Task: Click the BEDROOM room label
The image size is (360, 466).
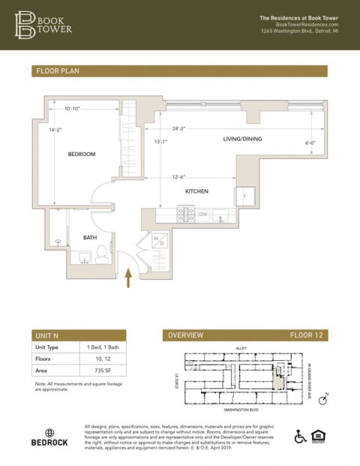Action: [82, 154]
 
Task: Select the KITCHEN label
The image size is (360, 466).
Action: [196, 192]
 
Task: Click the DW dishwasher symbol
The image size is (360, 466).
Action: [202, 215]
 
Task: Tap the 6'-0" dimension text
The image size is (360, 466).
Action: [311, 143]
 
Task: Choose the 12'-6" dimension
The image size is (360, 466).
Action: [178, 177]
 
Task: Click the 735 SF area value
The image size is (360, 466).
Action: [94, 371]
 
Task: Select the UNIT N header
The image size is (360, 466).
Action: [49, 335]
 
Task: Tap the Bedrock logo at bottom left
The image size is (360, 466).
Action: [49, 437]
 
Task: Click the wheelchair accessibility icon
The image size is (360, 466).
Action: [301, 436]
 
